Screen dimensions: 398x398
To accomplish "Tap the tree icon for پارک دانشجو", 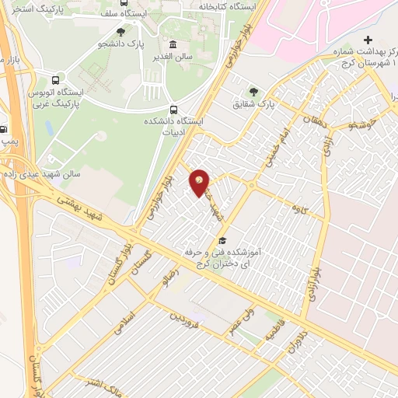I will pyautogui.click(x=120, y=32).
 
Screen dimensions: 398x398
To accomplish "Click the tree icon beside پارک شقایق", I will pyautogui.click(x=253, y=91).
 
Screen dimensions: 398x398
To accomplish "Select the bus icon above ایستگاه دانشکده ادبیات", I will pyautogui.click(x=172, y=110).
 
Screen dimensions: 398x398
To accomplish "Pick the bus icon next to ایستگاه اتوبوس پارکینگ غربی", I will pyautogui.click(x=56, y=79).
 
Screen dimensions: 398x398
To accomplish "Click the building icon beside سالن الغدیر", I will pyautogui.click(x=172, y=44).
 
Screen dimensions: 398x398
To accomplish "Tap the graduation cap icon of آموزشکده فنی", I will pyautogui.click(x=222, y=240).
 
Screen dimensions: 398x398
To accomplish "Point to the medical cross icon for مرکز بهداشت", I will pyautogui.click(x=368, y=40).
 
